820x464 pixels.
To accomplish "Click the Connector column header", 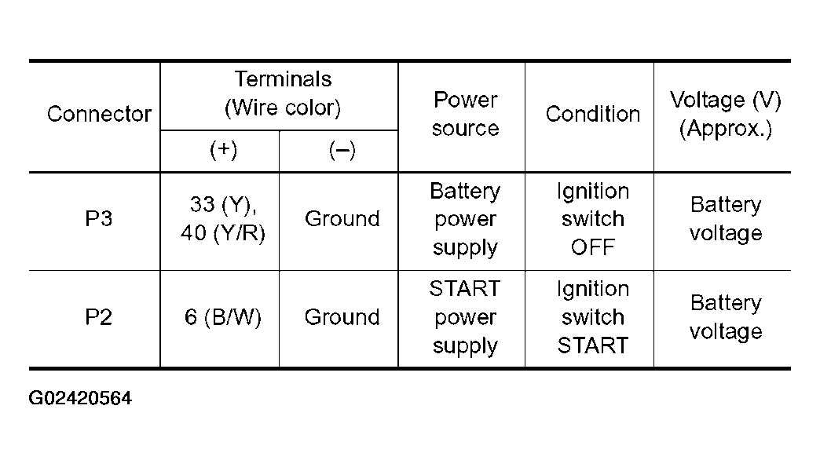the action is click(x=99, y=114).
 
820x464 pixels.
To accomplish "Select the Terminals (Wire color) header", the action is click(x=283, y=93).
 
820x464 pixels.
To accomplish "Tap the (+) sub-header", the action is click(x=223, y=150).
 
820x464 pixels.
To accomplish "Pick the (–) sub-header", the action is click(x=342, y=151).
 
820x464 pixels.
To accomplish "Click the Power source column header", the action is click(x=466, y=114).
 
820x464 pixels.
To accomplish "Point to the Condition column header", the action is click(x=592, y=114).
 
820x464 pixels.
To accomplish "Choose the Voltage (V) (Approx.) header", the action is click(x=725, y=115).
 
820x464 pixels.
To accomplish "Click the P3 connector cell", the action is click(x=98, y=218).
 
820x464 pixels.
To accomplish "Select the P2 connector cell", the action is click(x=98, y=317).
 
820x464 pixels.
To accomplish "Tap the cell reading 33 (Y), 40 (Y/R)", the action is click(x=223, y=219).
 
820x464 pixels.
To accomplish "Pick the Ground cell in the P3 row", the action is click(x=342, y=218).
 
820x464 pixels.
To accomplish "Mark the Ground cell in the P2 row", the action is click(x=342, y=317).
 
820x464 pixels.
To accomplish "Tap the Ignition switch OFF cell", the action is click(x=592, y=219).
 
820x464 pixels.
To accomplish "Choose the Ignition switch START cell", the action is click(x=592, y=317).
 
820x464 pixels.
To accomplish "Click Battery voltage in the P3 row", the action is click(x=725, y=219).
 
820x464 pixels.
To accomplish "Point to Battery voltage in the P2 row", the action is click(x=725, y=317).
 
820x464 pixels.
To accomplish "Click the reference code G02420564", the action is click(x=80, y=398).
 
